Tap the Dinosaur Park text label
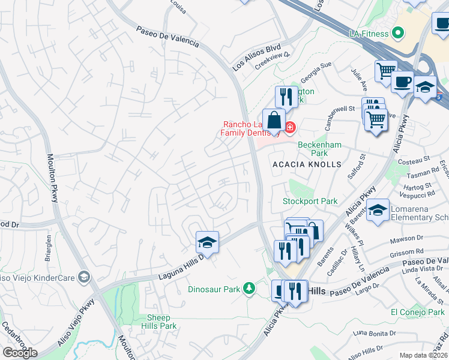click(x=214, y=289)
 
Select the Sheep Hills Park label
click(x=162, y=322)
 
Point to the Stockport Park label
click(x=310, y=202)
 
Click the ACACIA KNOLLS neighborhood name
click(x=307, y=164)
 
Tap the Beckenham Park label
click(x=320, y=149)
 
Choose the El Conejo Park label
click(x=417, y=312)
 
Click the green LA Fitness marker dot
click(x=397, y=32)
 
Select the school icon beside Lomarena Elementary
click(x=378, y=210)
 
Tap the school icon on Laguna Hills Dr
click(x=207, y=242)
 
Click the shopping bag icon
click(x=274, y=120)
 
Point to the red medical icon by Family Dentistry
click(x=291, y=127)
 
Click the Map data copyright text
click(x=423, y=355)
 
